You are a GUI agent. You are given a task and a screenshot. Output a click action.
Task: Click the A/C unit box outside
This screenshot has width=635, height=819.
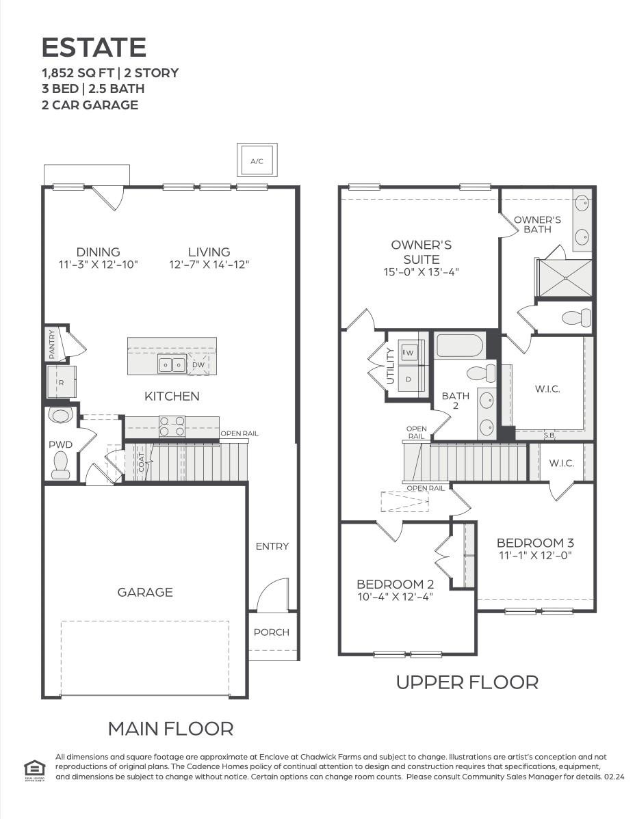click(257, 161)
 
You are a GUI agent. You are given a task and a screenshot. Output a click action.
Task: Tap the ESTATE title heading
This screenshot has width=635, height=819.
click(94, 47)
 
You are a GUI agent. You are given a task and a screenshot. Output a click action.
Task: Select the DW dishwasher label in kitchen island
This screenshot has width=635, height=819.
click(198, 365)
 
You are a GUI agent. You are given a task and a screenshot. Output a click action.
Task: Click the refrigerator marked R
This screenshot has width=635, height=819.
click(61, 382)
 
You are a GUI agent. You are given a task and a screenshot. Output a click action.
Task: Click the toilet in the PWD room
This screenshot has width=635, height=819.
click(60, 465)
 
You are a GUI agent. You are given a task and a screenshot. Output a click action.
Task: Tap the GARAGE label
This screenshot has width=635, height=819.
click(145, 592)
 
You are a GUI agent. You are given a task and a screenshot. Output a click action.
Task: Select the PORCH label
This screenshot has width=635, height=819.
click(272, 632)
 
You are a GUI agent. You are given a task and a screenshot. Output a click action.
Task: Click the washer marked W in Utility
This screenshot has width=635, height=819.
click(409, 353)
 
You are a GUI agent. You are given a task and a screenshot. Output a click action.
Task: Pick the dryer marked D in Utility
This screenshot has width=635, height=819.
click(409, 379)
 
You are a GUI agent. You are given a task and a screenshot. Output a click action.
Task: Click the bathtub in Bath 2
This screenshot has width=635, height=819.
click(460, 345)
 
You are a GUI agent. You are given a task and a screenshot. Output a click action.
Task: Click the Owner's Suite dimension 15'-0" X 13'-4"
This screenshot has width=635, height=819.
click(421, 271)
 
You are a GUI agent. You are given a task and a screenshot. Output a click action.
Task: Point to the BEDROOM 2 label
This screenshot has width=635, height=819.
click(395, 584)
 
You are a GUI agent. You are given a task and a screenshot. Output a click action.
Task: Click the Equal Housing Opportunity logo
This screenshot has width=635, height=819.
click(33, 767)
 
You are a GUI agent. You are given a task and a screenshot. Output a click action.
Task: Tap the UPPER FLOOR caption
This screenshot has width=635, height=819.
click(467, 682)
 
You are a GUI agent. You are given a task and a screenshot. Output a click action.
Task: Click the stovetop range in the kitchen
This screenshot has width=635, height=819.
click(172, 427)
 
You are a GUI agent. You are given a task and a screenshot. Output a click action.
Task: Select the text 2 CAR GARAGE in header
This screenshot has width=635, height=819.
click(90, 105)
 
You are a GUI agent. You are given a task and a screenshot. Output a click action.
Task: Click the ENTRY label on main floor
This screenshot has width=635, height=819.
click(272, 546)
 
